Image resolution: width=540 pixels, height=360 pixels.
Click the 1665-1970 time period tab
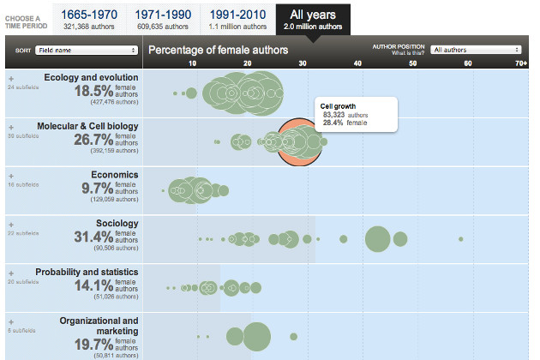point(94,19)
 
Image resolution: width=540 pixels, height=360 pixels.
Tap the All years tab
point(312,19)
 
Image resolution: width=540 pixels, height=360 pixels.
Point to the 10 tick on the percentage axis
point(192,63)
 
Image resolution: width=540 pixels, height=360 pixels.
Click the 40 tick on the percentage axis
point(357,63)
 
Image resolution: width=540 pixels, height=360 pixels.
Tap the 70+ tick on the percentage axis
point(520,63)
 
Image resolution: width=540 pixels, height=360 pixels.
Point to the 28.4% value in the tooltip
point(333,123)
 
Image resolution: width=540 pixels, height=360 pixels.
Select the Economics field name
point(115,174)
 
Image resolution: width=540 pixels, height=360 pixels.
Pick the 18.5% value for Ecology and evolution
point(95,90)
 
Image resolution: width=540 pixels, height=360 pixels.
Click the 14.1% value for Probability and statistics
point(94,286)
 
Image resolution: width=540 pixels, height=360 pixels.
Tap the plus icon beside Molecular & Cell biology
point(10,126)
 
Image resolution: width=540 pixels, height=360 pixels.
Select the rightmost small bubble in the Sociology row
point(460,238)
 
